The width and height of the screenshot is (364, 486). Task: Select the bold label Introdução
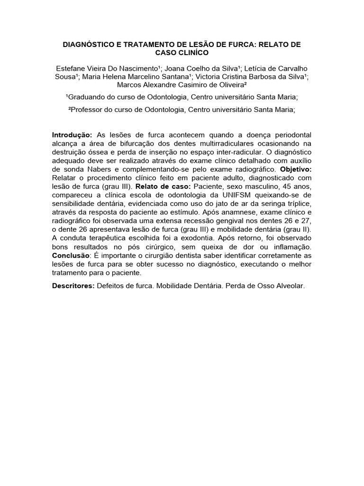72,135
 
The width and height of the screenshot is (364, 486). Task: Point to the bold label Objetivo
297,169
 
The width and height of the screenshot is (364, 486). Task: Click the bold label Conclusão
72,256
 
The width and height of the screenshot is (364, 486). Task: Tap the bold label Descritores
74,287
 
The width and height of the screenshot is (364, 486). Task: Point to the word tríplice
298,204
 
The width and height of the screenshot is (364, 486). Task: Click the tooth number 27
306,221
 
